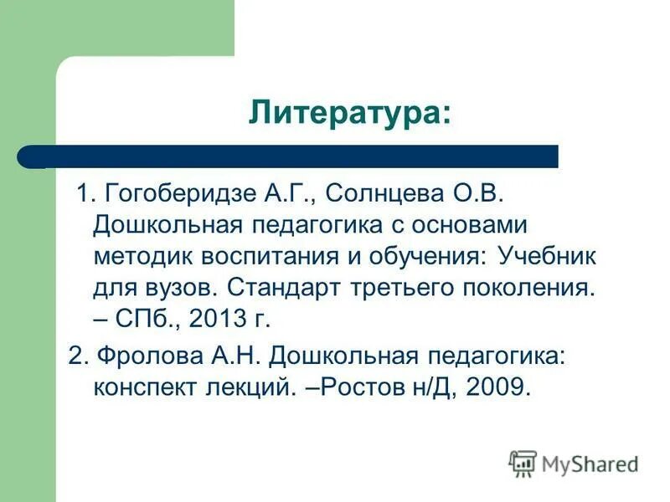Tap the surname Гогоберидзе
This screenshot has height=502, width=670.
[171, 194]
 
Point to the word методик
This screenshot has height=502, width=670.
[144, 255]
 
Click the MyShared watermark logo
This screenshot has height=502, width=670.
[575, 463]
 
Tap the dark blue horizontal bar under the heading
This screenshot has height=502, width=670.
[301, 156]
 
